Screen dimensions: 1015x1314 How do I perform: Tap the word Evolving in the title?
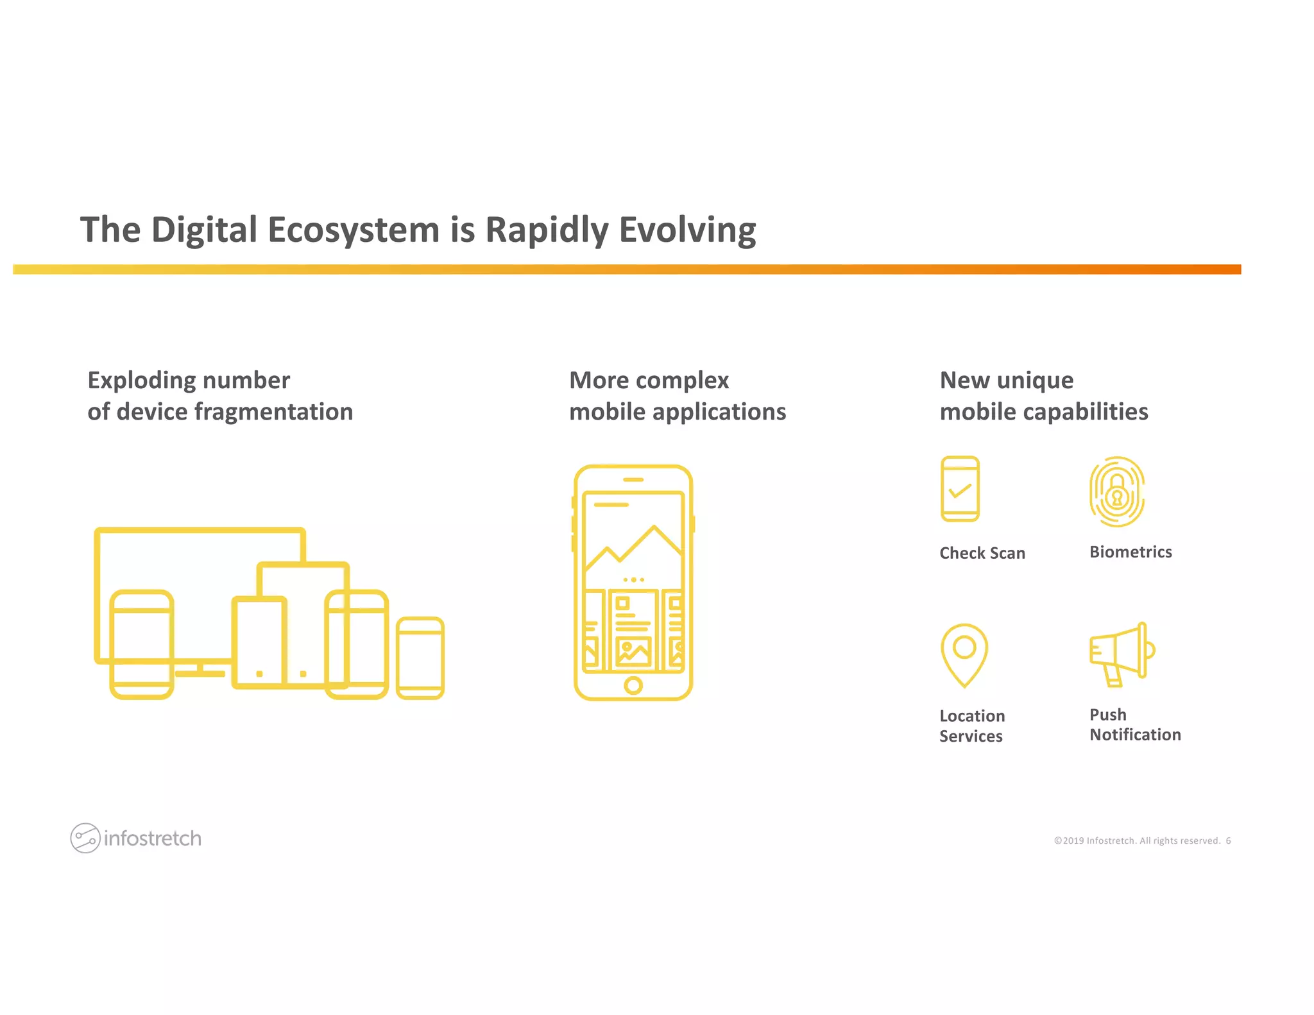click(x=687, y=230)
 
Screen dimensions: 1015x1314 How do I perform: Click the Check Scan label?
click(x=982, y=553)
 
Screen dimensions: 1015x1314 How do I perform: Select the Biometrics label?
click(x=1130, y=552)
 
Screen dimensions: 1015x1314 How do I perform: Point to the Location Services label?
click(x=971, y=726)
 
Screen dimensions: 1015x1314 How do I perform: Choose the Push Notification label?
click(x=1134, y=724)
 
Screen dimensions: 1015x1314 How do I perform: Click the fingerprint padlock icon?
click(x=1116, y=492)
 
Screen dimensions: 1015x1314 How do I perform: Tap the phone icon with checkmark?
click(x=960, y=489)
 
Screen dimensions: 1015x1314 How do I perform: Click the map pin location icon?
click(x=964, y=654)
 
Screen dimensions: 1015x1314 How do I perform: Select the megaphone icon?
click(x=1121, y=653)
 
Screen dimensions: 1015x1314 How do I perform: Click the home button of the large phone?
click(x=633, y=685)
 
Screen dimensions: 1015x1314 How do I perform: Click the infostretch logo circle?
click(x=85, y=838)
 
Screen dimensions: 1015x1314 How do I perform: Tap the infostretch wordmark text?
click(x=153, y=839)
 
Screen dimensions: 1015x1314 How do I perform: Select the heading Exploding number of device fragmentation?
click(x=220, y=396)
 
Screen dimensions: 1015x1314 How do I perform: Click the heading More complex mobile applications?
click(x=677, y=396)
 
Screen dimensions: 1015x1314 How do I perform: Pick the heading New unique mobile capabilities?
click(x=1043, y=396)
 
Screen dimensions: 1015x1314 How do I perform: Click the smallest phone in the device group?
click(x=420, y=658)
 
